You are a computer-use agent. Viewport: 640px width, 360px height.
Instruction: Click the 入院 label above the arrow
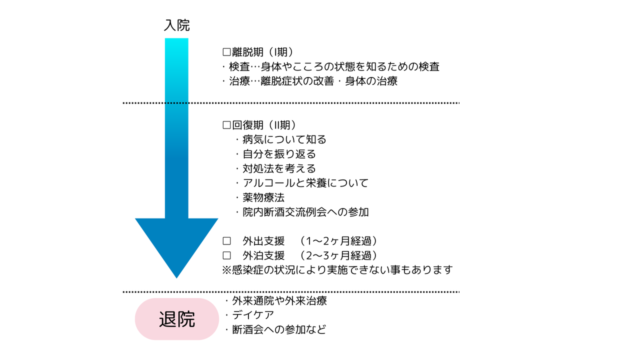click(176, 25)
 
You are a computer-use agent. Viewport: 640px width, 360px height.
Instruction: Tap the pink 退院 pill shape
click(177, 319)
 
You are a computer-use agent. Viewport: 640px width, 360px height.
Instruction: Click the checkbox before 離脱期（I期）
click(226, 52)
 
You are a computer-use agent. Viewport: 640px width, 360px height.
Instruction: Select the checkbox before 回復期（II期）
click(226, 125)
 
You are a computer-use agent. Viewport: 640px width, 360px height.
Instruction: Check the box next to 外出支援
click(226, 241)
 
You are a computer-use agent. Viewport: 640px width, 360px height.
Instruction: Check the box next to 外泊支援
click(226, 255)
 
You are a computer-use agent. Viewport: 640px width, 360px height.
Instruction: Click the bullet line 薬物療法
click(263, 197)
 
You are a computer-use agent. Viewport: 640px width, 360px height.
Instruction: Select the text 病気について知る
click(284, 139)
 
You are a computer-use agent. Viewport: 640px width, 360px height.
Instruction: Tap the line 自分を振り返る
click(279, 154)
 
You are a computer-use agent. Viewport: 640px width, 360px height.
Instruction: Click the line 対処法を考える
click(279, 168)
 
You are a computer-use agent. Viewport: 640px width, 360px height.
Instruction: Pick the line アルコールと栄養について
click(305, 183)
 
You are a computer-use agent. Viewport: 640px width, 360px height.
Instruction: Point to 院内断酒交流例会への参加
click(305, 212)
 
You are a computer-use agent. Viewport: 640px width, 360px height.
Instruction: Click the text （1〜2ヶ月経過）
click(338, 241)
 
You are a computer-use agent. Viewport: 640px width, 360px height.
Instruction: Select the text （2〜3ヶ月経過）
click(338, 255)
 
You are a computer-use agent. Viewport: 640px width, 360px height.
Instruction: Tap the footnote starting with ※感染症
click(337, 269)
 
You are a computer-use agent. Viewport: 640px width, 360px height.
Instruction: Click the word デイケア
click(253, 315)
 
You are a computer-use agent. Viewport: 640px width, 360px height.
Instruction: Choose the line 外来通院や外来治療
click(279, 300)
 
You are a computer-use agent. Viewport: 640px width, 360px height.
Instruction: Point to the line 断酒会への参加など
click(279, 329)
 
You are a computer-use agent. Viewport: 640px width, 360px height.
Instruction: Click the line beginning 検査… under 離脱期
click(334, 66)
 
